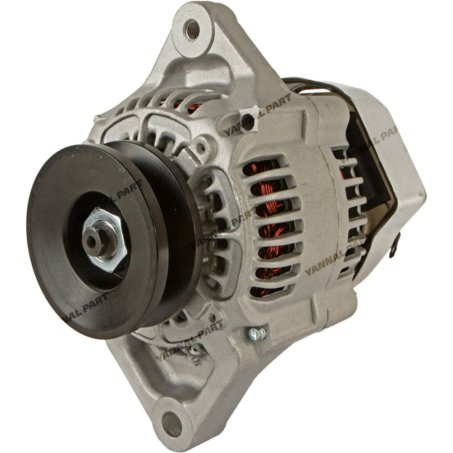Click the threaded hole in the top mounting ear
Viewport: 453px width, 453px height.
(x=192, y=29)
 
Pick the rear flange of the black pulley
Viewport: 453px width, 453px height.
(x=181, y=217)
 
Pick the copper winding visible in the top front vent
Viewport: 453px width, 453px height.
(x=195, y=108)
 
